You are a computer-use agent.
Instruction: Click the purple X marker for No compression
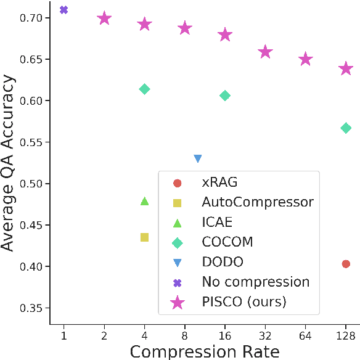point(63,10)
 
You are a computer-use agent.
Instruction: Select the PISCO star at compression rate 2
point(104,18)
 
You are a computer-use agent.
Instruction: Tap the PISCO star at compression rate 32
point(265,52)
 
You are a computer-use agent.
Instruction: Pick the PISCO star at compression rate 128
point(346,68)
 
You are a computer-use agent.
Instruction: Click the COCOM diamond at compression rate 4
point(145,89)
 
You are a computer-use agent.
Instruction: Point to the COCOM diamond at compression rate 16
point(225,96)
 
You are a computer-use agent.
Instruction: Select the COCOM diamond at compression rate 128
point(346,128)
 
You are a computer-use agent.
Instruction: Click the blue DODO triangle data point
point(198,158)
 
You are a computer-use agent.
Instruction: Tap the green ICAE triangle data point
point(145,201)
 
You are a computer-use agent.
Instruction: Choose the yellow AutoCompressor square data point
point(145,237)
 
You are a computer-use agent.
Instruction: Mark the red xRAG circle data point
point(346,264)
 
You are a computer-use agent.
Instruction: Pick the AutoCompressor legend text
point(257,202)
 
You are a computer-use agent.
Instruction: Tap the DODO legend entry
point(223,262)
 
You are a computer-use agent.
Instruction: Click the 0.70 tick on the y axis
point(31,18)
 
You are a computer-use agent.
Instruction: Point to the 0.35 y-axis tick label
point(31,308)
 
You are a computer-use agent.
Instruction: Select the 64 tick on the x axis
point(305,335)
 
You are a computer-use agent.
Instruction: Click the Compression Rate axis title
point(204,351)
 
